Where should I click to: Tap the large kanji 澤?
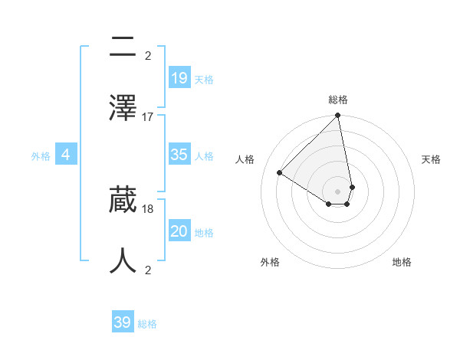[x=123, y=106]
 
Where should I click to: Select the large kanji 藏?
[x=123, y=200]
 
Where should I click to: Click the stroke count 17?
[x=148, y=116]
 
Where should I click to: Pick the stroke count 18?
[x=148, y=208]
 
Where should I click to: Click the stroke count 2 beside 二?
[x=148, y=55]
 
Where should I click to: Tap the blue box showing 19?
[x=179, y=77]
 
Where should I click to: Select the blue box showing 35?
[x=179, y=154]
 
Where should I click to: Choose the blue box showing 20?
[x=179, y=231]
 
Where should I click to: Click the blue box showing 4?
[x=66, y=155]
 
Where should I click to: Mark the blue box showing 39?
[x=122, y=322]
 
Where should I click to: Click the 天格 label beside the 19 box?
[x=204, y=80]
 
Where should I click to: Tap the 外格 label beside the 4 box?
[x=41, y=156]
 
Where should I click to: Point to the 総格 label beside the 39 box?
[x=147, y=325]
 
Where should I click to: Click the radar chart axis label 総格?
[x=338, y=100]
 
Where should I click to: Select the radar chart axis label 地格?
[x=402, y=262]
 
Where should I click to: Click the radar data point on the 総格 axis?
[x=337, y=116]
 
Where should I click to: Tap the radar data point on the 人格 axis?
[x=280, y=172]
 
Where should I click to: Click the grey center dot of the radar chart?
[x=337, y=191]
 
